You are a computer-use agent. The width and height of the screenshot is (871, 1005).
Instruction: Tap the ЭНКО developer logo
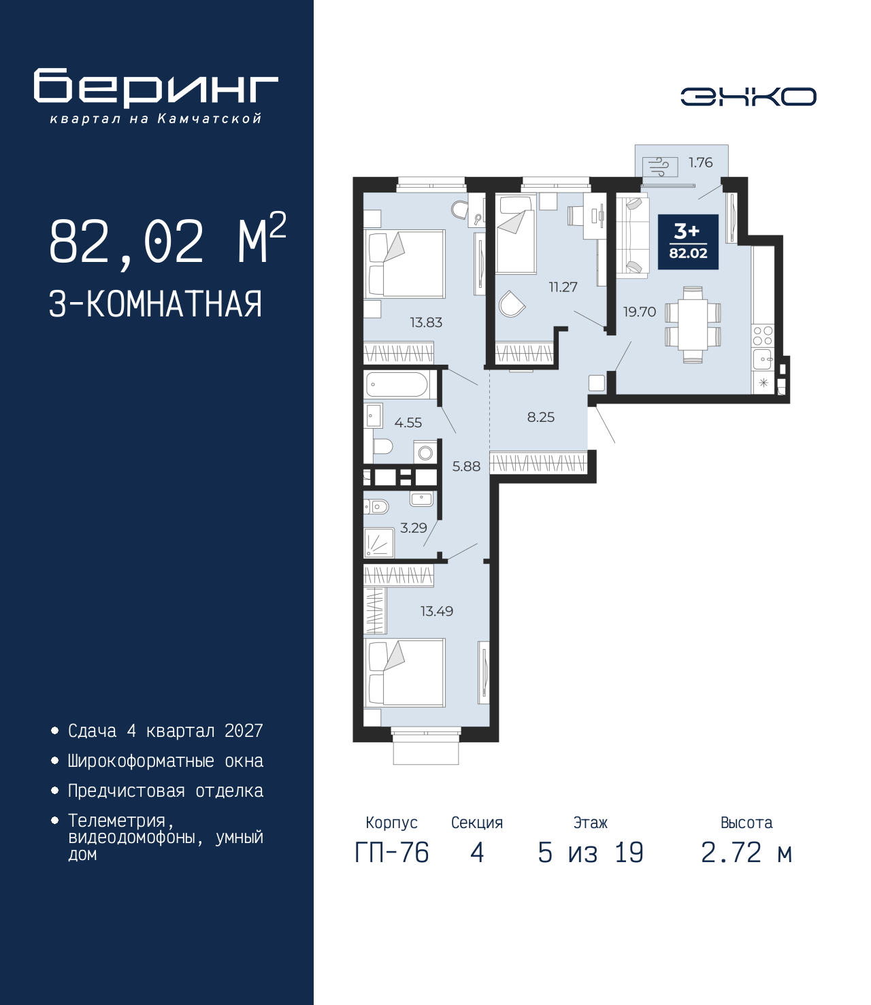[748, 97]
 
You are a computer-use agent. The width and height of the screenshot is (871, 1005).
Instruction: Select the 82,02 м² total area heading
[167, 242]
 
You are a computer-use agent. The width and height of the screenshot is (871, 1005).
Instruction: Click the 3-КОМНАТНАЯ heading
[155, 304]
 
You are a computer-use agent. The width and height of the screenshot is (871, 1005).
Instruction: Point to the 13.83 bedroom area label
[426, 323]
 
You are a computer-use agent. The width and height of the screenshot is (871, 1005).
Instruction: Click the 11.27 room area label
[563, 287]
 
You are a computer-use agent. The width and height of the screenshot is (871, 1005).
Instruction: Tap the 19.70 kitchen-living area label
[640, 312]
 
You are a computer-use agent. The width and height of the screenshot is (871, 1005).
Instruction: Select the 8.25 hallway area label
[541, 417]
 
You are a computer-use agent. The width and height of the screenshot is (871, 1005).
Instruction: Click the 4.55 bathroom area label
[408, 423]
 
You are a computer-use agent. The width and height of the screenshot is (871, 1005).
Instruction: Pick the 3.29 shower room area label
[414, 528]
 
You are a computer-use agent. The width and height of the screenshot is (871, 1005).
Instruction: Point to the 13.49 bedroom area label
[436, 611]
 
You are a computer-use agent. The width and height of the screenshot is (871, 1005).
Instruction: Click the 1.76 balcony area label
[700, 163]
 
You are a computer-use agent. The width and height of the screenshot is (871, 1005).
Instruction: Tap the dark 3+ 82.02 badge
[688, 242]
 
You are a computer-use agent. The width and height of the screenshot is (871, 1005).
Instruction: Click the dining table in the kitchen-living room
[693, 325]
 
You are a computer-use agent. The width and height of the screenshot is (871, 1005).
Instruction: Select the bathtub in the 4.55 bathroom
[397, 384]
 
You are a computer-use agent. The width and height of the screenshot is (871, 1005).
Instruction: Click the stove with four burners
[763, 335]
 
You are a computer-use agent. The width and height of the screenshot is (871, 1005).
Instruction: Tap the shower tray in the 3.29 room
[379, 543]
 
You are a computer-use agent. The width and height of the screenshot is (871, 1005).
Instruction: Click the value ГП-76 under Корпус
[392, 853]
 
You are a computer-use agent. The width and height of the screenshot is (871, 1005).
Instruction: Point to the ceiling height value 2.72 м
[746, 853]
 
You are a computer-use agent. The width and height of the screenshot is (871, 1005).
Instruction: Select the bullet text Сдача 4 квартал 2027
[165, 731]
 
